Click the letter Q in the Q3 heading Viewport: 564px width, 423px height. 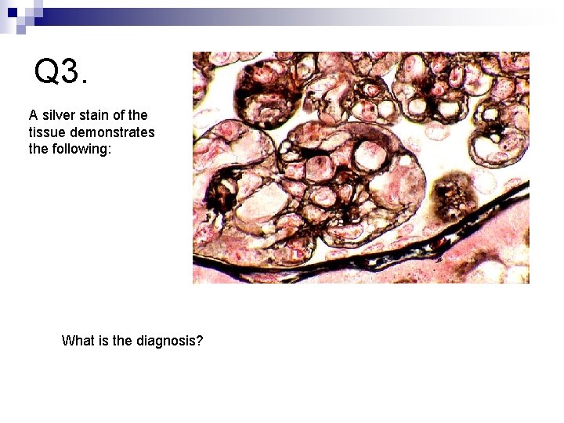coord(48,72)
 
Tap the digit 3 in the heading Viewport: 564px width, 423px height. coord(70,72)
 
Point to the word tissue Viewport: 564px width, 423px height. coord(46,132)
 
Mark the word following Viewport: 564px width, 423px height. coord(82,148)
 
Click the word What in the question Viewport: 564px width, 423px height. coord(78,341)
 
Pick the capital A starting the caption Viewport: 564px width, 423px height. coord(33,115)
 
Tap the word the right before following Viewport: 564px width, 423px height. coord(38,148)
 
